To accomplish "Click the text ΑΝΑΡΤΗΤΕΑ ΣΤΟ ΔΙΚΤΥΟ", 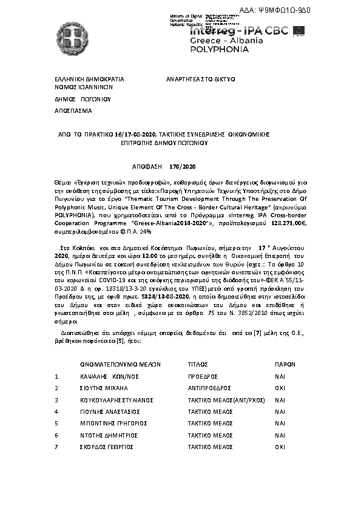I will tap(201, 79).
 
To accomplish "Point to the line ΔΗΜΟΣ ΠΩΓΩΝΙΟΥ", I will tap(84, 99).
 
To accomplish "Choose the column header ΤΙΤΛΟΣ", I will tap(198, 365).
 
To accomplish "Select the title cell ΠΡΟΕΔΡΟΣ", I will tap(203, 377).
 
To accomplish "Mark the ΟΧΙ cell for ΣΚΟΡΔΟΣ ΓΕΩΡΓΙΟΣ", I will tap(280, 447).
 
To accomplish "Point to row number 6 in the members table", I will tap(56, 436).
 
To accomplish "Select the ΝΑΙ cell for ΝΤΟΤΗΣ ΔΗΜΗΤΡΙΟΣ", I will tap(280, 436).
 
